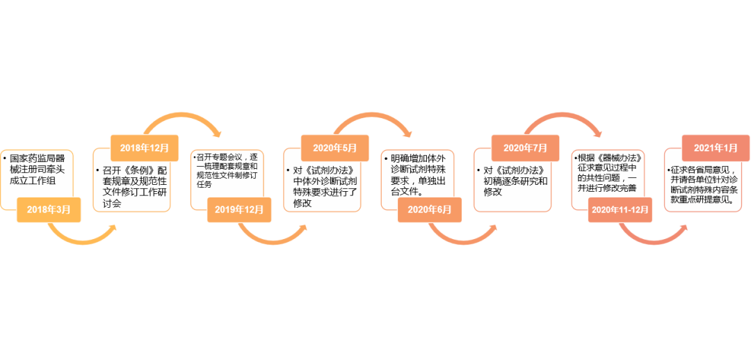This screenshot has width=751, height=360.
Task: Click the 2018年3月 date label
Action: point(48,209)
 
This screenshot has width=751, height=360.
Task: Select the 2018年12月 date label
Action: point(144,148)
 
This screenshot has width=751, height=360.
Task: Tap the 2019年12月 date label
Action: point(239,209)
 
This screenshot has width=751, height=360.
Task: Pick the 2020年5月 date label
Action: point(334,148)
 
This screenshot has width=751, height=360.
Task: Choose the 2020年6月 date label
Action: point(430,209)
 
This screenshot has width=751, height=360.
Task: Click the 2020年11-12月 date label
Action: point(620,209)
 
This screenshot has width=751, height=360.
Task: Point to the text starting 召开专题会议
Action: point(226,171)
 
